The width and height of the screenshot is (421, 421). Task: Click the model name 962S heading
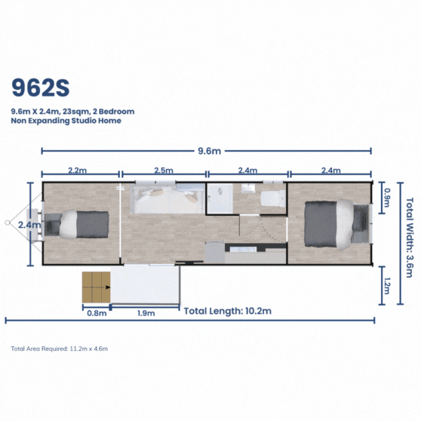coord(41,88)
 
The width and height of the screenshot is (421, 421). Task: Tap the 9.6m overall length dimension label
coord(210,151)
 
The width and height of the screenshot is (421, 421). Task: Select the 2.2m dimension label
coord(77,171)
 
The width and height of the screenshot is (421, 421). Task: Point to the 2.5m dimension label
coord(164,171)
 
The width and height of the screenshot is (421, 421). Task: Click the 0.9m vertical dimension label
coord(387,198)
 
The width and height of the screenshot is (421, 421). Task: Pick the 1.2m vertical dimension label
coord(387,286)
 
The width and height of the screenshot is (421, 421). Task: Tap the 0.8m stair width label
coord(97,313)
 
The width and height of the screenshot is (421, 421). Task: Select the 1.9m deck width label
coord(146,313)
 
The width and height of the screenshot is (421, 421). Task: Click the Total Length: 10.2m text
coord(228,311)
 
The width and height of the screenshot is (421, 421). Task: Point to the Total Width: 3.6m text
coord(410,238)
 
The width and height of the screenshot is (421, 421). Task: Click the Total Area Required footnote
coord(60,349)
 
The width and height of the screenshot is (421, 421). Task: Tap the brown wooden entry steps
coord(97,287)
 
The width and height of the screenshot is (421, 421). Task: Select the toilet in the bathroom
coord(273,198)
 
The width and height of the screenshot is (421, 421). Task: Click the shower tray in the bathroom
coord(220,198)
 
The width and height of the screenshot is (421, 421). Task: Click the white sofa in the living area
coord(167,199)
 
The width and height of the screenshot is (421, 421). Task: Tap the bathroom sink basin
coord(248,188)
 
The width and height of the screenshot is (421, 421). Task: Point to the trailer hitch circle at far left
coord(8,223)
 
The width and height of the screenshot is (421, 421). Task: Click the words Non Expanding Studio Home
coord(66,121)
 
